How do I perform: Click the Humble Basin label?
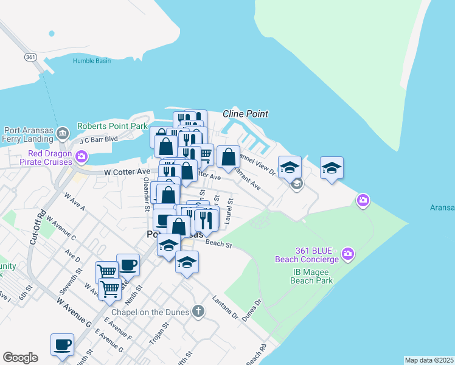(x=91, y=61)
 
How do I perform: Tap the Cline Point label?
(x=245, y=114)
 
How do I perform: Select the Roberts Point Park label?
(x=113, y=126)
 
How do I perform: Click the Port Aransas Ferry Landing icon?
(x=63, y=133)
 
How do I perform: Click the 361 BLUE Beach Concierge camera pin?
(x=348, y=252)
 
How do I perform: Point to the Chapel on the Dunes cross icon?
(x=197, y=312)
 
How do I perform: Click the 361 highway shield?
(x=32, y=57)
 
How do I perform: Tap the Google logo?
(x=20, y=358)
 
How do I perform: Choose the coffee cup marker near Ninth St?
(x=128, y=265)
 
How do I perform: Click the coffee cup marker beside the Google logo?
(x=62, y=344)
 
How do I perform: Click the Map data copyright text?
(x=429, y=360)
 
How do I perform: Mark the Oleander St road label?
(x=147, y=194)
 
